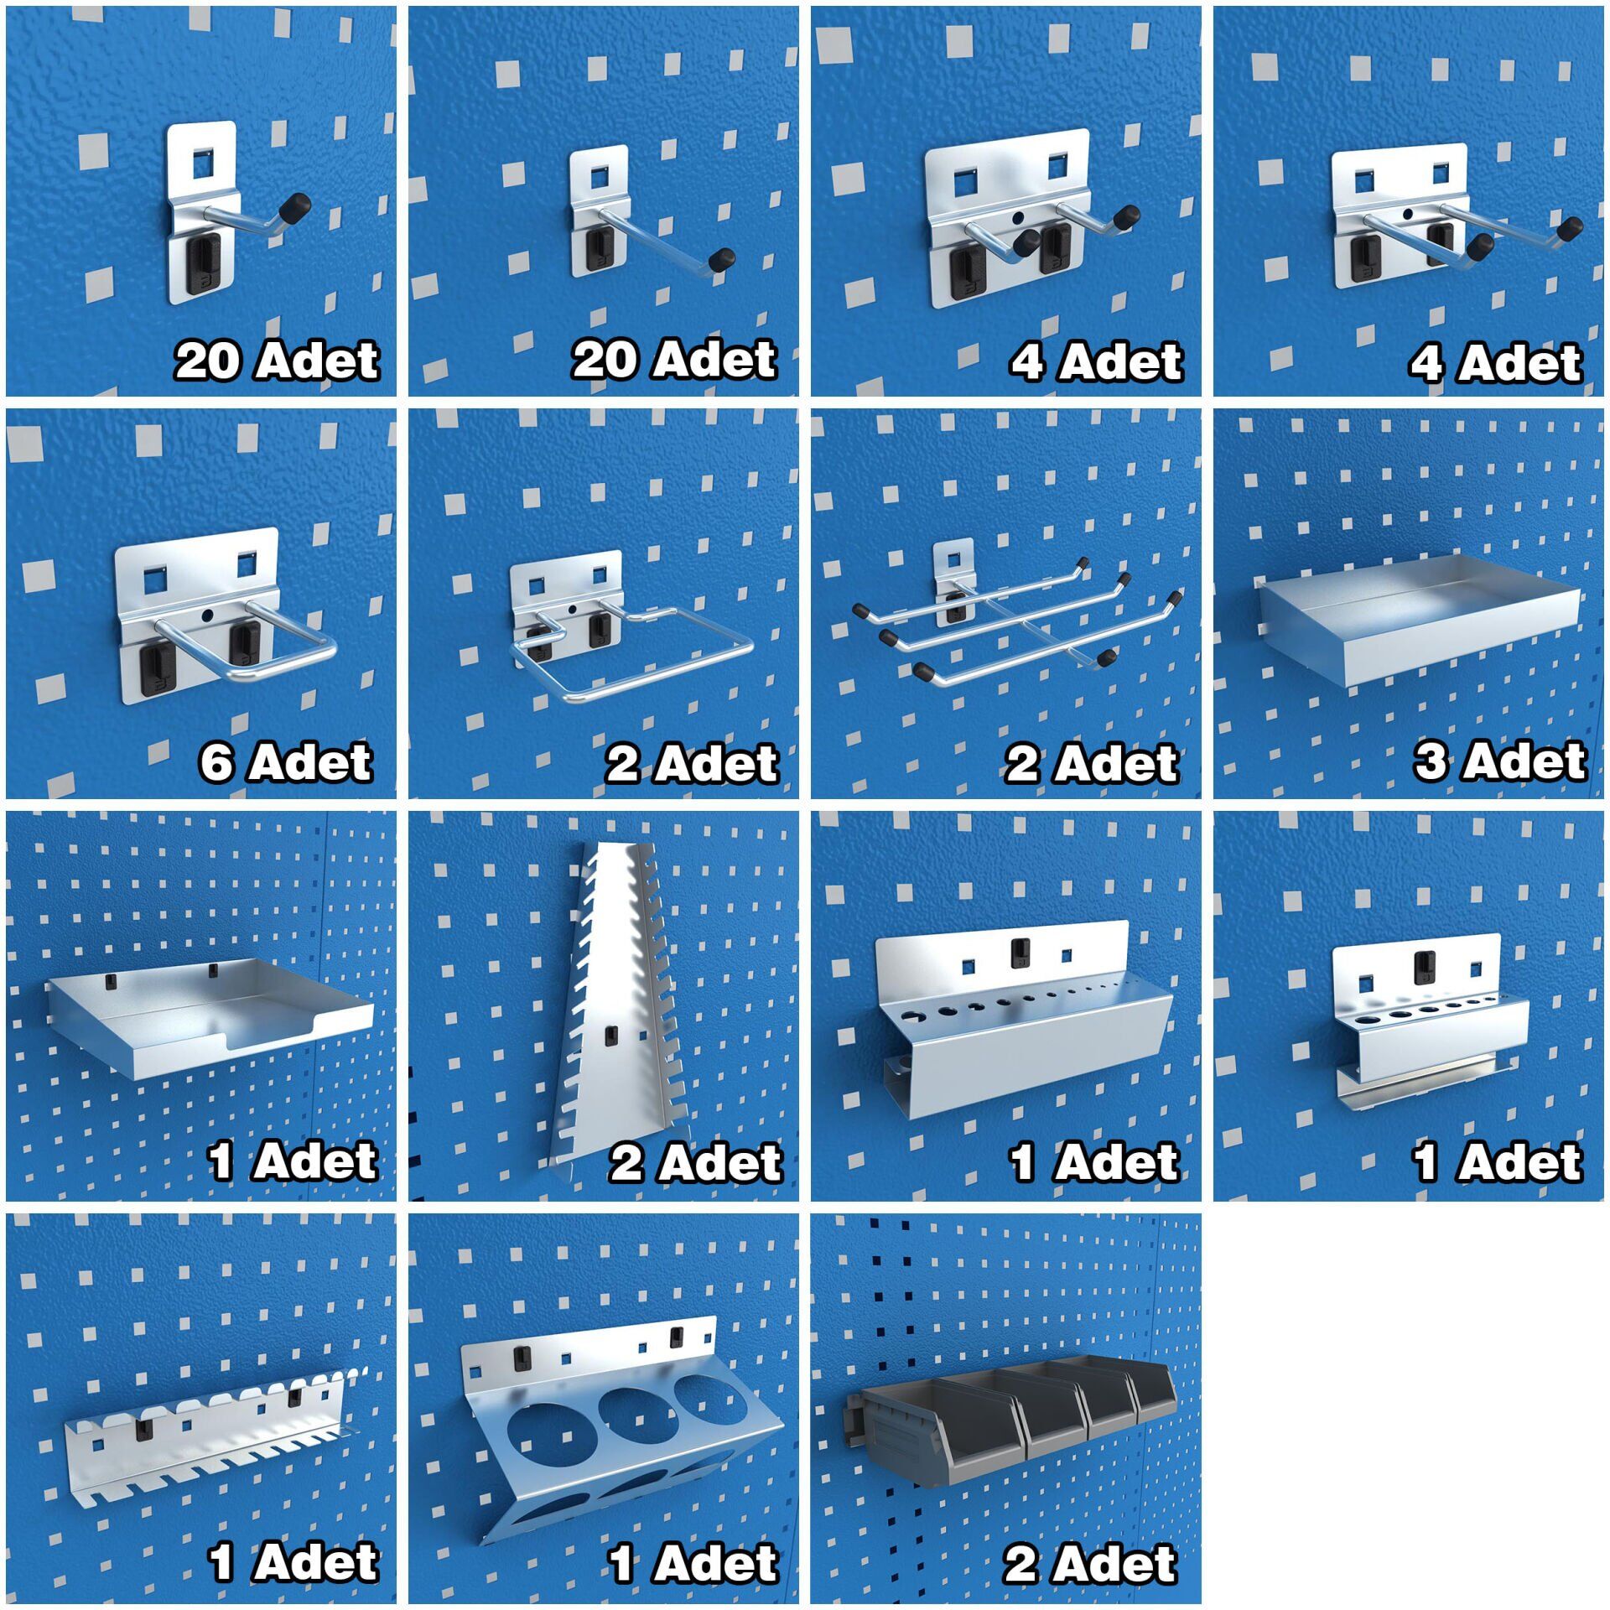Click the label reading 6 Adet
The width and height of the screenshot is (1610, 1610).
click(x=286, y=762)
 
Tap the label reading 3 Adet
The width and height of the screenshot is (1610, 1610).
click(x=1500, y=761)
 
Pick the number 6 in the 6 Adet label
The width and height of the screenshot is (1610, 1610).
click(x=216, y=763)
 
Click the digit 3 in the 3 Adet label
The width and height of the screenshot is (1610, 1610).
click(x=1432, y=761)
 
